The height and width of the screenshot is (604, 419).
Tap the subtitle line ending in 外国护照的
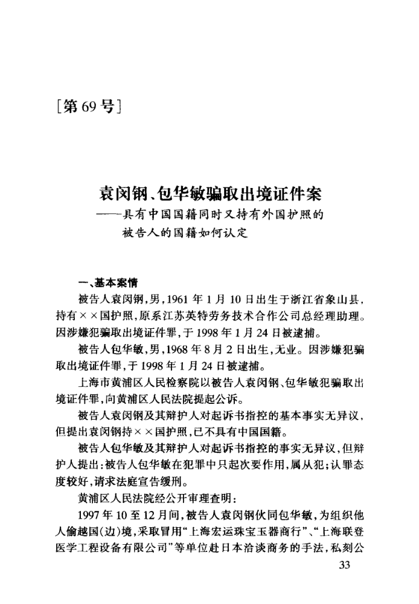[x=215, y=214]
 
